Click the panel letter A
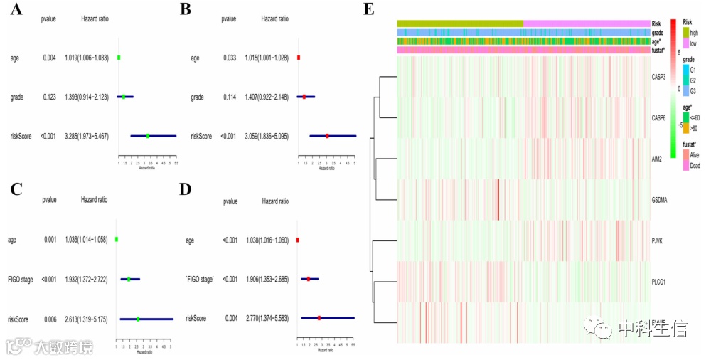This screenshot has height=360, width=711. pyautogui.click(x=14, y=11)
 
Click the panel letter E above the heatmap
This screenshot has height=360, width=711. pyautogui.click(x=368, y=9)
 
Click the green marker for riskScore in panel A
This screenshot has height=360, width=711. pyautogui.click(x=148, y=135)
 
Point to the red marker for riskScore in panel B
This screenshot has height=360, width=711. pyautogui.click(x=327, y=135)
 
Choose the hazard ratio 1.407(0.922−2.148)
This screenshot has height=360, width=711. pyautogui.click(x=265, y=96)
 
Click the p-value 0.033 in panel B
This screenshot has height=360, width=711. pyautogui.click(x=228, y=58)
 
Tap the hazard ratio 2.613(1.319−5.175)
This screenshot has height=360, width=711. pyautogui.click(x=85, y=320)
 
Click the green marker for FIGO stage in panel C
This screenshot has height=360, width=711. pyautogui.click(x=129, y=280)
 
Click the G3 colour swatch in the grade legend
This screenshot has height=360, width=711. pyautogui.click(x=688, y=90)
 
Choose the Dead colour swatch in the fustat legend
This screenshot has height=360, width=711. pyautogui.click(x=688, y=164)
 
